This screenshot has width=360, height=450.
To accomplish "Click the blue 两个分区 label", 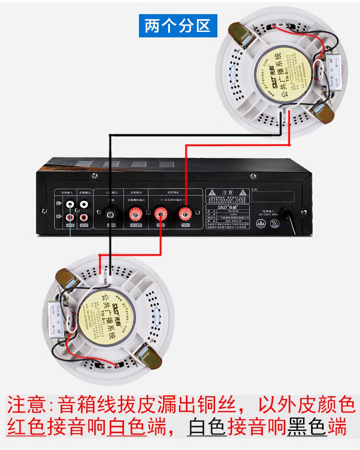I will pos(178,26).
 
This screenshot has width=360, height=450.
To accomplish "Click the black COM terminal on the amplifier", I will pos(110,213).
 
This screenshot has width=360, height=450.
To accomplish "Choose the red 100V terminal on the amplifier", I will pos(185,212).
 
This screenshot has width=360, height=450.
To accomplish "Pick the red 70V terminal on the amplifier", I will pos(160,212).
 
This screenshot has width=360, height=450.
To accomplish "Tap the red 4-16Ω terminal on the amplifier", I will pos(135,213).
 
